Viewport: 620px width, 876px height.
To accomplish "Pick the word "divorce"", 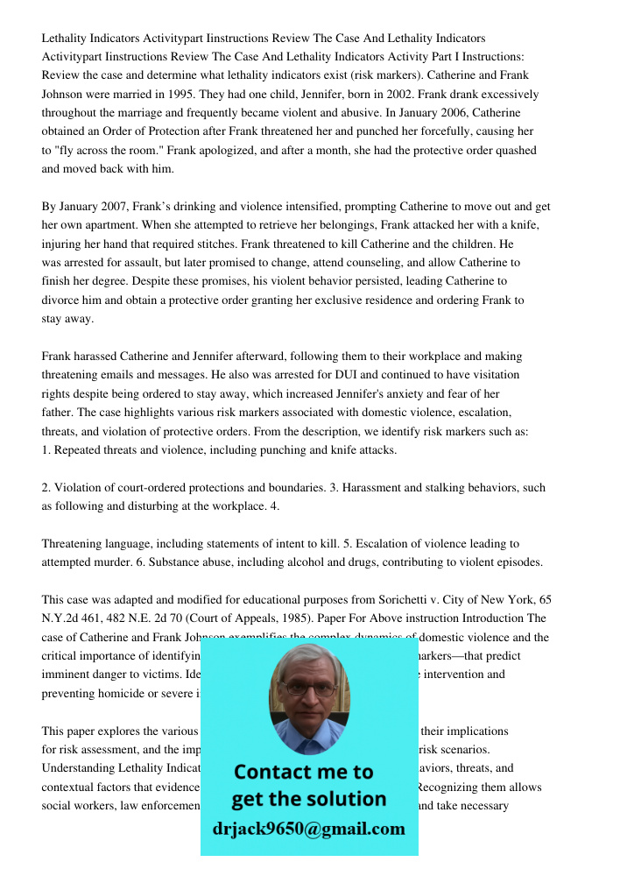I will pos(61,300).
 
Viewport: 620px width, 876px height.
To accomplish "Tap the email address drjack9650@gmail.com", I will pos(309,829).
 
